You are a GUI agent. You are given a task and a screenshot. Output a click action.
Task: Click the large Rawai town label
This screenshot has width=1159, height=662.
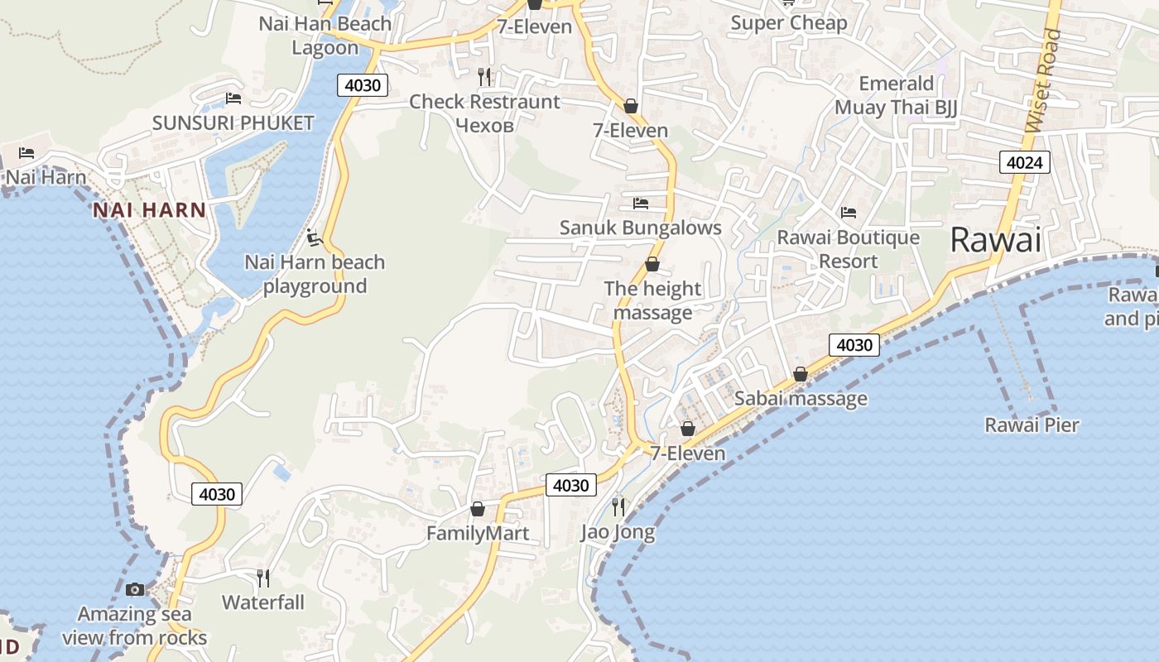pyautogui.click(x=995, y=240)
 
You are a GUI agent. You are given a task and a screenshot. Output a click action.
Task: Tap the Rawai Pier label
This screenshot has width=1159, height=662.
pyautogui.click(x=1032, y=425)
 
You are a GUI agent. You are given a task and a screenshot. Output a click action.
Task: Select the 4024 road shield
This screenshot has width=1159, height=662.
pyautogui.click(x=1023, y=162)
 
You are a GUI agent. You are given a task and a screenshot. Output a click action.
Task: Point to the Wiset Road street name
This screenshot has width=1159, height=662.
pyautogui.click(x=1042, y=80)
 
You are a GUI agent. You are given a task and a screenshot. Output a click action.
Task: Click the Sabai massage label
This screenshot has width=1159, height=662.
pyautogui.click(x=801, y=399)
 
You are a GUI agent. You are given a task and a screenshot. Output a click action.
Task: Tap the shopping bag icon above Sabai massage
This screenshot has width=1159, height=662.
pyautogui.click(x=800, y=375)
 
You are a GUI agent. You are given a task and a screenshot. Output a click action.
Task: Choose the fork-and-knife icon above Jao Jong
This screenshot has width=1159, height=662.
pyautogui.click(x=618, y=506)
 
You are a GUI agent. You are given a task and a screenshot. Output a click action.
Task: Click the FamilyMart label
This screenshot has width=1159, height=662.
pyautogui.click(x=477, y=534)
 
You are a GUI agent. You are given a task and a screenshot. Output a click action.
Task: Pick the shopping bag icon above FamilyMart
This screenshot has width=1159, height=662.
pyautogui.click(x=477, y=509)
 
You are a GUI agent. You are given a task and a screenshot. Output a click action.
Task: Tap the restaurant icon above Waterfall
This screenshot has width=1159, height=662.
pyautogui.click(x=263, y=577)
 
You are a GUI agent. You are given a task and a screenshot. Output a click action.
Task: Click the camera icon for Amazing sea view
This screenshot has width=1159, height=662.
pyautogui.click(x=135, y=589)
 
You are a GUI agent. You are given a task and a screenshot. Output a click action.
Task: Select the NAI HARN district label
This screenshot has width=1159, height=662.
pyautogui.click(x=149, y=210)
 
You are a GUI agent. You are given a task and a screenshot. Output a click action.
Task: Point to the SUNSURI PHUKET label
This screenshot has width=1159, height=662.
pyautogui.click(x=233, y=123)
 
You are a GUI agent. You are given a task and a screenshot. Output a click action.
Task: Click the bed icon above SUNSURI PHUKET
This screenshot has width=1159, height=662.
pyautogui.click(x=233, y=99)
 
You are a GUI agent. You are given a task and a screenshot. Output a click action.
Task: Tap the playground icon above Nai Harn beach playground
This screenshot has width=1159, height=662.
pyautogui.click(x=313, y=238)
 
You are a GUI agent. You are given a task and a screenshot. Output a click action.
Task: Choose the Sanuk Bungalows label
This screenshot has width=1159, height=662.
pyautogui.click(x=641, y=228)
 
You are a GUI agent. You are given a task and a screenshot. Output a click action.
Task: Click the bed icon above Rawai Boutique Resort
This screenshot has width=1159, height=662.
pyautogui.click(x=849, y=213)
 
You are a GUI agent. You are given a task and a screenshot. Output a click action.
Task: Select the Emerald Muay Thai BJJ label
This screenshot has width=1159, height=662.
pyautogui.click(x=896, y=95)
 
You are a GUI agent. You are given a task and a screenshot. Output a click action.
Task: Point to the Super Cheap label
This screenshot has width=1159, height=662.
pyautogui.click(x=788, y=23)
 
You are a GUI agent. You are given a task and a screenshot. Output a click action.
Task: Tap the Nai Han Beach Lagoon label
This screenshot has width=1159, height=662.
pyautogui.click(x=325, y=36)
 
